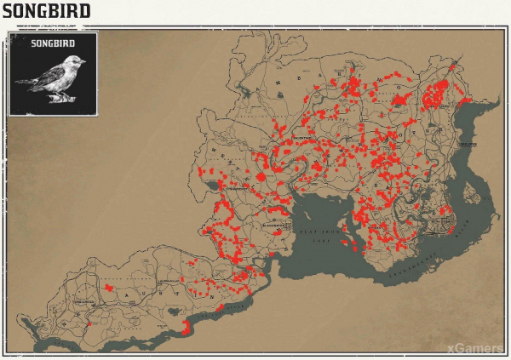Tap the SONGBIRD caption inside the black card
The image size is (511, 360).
pyautogui.click(x=52, y=43)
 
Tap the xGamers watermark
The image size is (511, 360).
pyautogui.click(x=473, y=346)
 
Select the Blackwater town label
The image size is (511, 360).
pyautogui.click(x=274, y=226)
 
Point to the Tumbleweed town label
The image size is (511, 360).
pyautogui.click(x=83, y=301)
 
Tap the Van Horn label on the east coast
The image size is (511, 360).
pyautogui.click(x=468, y=145)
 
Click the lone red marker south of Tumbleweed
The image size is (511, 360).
pyautogui.click(x=89, y=324)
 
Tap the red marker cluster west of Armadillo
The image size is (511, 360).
pyautogui.click(x=109, y=288)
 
